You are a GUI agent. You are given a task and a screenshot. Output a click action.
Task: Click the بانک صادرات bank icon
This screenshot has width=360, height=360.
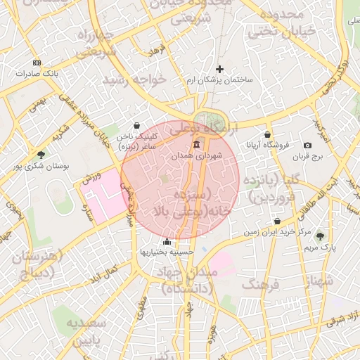pyautogui.click(x=37, y=63)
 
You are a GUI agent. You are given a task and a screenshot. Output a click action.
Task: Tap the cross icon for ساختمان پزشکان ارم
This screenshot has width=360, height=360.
pyautogui.click(x=220, y=69)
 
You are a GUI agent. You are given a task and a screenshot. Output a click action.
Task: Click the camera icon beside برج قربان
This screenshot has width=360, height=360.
pyautogui.click(x=307, y=145)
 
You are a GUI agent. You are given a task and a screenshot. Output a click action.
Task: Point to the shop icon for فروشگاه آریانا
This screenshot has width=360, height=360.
pyautogui.click(x=267, y=134)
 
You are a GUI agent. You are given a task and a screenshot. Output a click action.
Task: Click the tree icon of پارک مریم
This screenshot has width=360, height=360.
pyautogui.click(x=321, y=236)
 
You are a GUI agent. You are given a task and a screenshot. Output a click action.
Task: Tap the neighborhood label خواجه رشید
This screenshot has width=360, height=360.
pyautogui.click(x=134, y=79)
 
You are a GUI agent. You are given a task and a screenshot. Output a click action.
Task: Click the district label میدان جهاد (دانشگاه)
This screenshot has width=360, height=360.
pyautogui.click(x=189, y=280)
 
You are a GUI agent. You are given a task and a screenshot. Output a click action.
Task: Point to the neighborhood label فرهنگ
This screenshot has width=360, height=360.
pyautogui.click(x=261, y=284)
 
